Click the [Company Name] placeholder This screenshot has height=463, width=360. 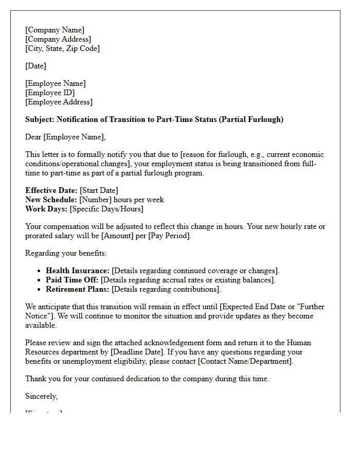55,30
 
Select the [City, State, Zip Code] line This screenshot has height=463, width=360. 62,48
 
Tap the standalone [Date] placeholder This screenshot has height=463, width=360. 35,66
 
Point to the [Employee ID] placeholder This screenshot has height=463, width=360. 50,93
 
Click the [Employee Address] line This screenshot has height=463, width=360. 59,102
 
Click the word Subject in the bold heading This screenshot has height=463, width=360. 40,119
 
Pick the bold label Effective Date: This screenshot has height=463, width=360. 51,190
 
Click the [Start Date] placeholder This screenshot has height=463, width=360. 99,190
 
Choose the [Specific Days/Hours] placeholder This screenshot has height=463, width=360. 106,209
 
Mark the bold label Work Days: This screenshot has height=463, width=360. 46,209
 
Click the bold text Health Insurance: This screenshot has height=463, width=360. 78,271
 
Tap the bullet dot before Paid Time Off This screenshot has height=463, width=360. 40,280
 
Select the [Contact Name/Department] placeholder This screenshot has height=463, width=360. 245,361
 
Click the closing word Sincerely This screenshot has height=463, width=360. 41,396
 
